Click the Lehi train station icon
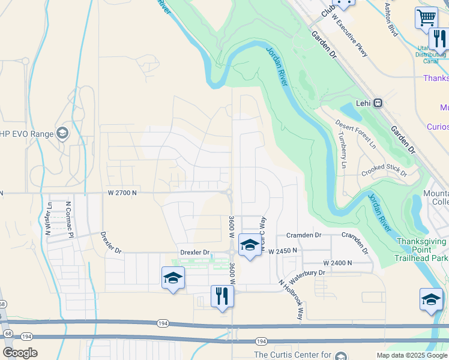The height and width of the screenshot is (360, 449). click(x=378, y=103)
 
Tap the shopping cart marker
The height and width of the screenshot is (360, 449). click(x=426, y=17)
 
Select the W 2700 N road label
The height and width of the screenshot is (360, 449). click(x=122, y=193)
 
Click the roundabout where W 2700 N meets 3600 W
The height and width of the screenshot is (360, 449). click(x=229, y=192)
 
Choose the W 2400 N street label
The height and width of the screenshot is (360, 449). click(x=337, y=263)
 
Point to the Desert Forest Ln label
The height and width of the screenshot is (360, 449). click(x=355, y=137)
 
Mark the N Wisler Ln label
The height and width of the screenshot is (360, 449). click(x=48, y=217)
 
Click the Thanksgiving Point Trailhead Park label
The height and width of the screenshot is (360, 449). click(x=421, y=250)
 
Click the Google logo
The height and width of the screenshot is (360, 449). click(x=20, y=353)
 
